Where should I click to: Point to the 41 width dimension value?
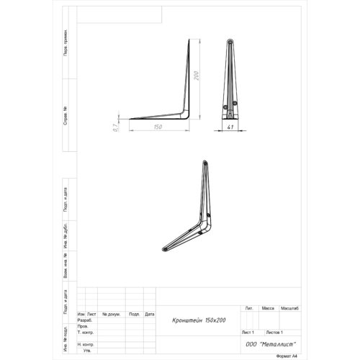point(231,127)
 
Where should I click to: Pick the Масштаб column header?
point(289,307)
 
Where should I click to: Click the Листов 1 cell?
point(274,333)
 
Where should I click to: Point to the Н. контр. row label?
point(86,344)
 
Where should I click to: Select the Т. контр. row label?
point(86,333)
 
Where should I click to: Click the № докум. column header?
point(111,315)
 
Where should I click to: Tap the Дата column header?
point(149,315)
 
